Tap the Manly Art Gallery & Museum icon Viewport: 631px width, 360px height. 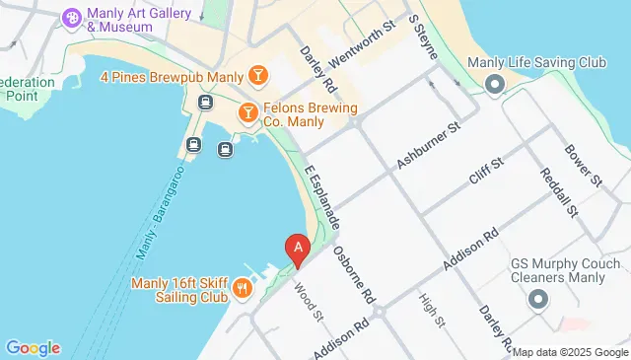click(x=72, y=18)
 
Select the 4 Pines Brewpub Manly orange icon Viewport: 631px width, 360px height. click(x=257, y=75)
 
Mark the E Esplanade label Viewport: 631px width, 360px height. click(x=322, y=196)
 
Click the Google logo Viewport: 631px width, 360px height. click(x=33, y=347)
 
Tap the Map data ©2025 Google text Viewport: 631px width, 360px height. click(x=569, y=352)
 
